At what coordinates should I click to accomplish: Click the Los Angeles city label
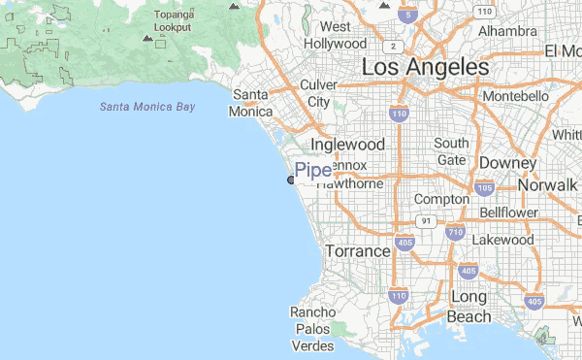point(425,67)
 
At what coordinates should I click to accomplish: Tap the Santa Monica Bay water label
point(146,106)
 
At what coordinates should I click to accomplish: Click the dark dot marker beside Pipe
point(291,179)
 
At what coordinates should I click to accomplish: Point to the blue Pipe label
point(312,171)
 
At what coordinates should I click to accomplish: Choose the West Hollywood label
point(336,35)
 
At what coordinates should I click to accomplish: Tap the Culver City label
point(318,93)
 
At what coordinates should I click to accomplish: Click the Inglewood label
point(347,144)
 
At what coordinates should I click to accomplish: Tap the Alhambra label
point(506,31)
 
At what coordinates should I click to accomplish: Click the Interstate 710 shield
point(456,232)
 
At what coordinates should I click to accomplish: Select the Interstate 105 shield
point(484,187)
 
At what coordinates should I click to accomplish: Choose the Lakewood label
point(502,239)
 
